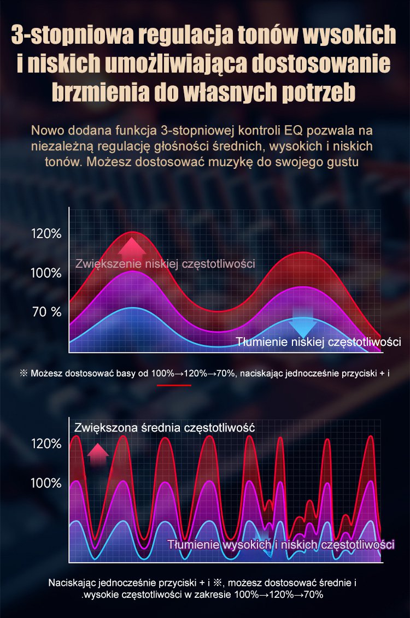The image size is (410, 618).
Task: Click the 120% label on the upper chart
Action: pyautogui.click(x=46, y=234)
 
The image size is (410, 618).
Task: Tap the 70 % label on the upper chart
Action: pyautogui.click(x=47, y=312)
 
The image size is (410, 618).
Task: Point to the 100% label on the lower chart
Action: pyautogui.click(x=46, y=483)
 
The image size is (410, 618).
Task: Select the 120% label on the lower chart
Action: pyautogui.click(x=46, y=444)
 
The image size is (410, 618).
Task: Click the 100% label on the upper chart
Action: pyautogui.click(x=46, y=273)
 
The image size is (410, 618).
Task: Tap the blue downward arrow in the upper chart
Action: pyautogui.click(x=302, y=327)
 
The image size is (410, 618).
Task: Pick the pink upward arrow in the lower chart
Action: pyautogui.click(x=98, y=454)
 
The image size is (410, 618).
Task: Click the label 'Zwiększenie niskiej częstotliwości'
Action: pyautogui.click(x=165, y=264)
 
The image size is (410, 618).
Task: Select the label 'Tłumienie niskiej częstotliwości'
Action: pyautogui.click(x=319, y=343)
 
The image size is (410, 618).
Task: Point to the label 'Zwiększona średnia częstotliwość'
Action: pyautogui.click(x=165, y=427)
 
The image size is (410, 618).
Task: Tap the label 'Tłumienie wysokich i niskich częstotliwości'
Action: pyautogui.click(x=281, y=545)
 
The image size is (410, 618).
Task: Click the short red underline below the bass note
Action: pyautogui.click(x=174, y=385)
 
